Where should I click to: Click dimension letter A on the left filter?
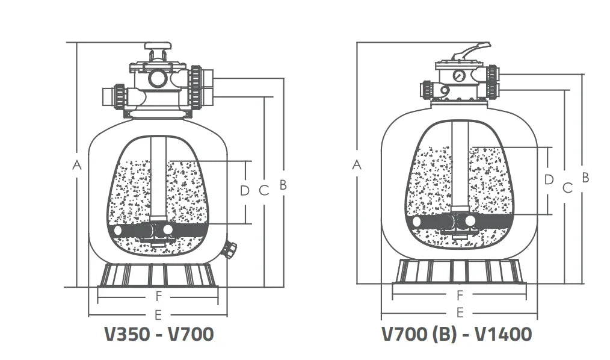[x=76, y=164]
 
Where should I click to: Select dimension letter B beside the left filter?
[x=283, y=185]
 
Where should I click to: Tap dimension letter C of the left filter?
[x=263, y=191]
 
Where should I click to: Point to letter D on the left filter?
[x=244, y=191]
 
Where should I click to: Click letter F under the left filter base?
[x=159, y=296]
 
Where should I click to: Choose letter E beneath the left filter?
[x=158, y=314]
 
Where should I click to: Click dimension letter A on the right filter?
[x=357, y=164]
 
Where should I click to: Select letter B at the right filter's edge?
[x=585, y=178]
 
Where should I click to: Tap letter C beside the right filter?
[x=566, y=188]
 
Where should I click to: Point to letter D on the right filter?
[x=548, y=179]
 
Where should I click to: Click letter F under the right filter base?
[x=460, y=295]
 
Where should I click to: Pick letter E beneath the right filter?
[x=460, y=312]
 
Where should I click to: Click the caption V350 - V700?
[x=159, y=334]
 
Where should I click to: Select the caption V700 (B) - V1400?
[x=457, y=334]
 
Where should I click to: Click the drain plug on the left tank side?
[x=230, y=249]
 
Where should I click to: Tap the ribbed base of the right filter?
[x=460, y=272]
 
